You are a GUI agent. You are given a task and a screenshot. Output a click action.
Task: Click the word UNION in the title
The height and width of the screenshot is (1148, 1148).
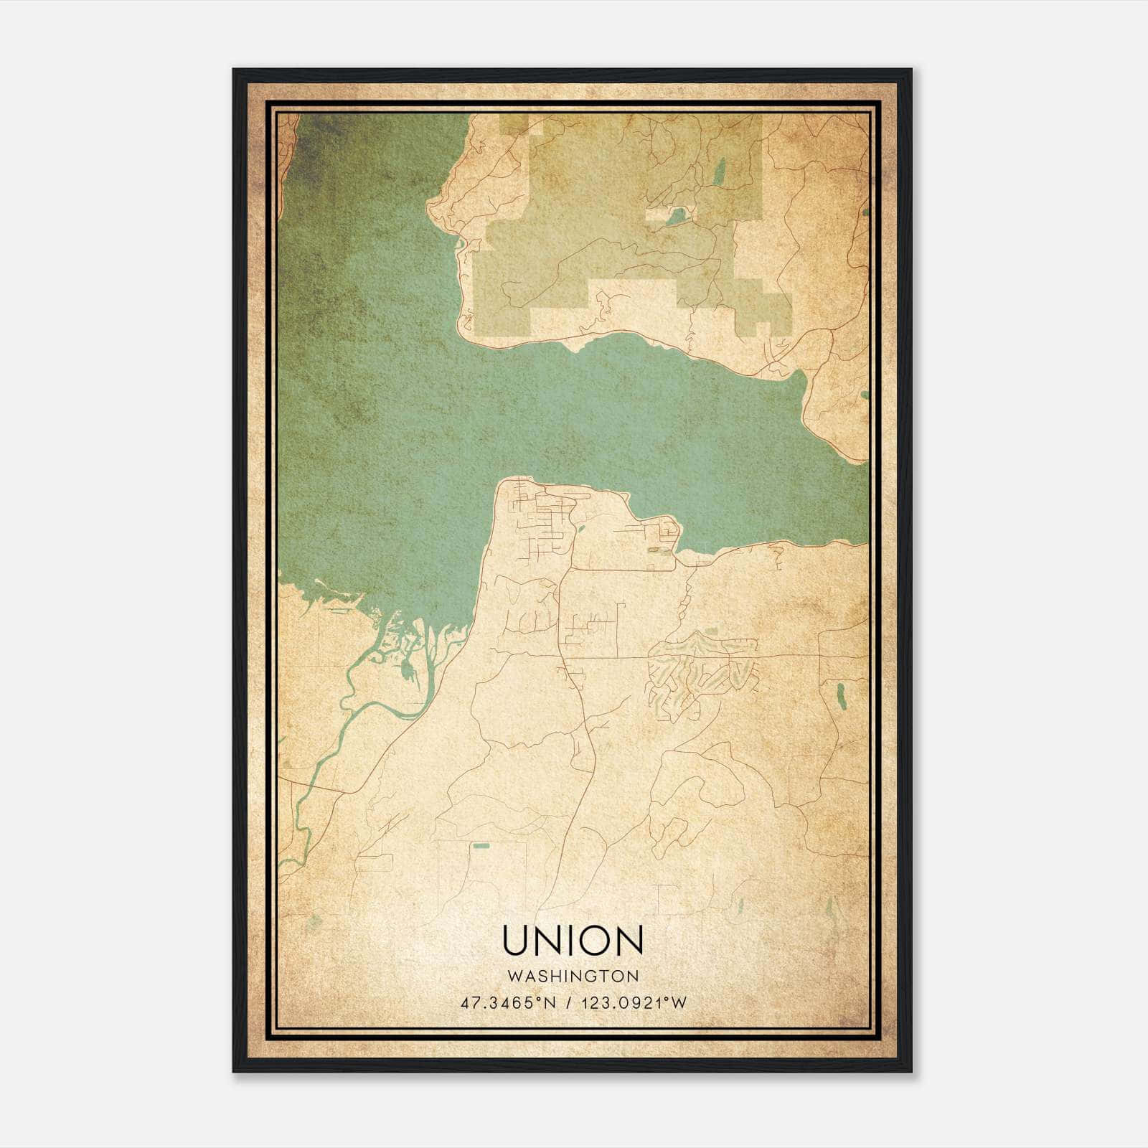(x=573, y=941)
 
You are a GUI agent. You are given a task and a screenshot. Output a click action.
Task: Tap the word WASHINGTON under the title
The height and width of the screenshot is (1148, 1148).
(x=573, y=977)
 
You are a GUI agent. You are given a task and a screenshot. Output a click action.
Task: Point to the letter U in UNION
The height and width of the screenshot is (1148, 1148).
(x=516, y=941)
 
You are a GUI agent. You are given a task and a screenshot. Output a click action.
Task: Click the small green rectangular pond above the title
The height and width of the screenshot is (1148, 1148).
(x=481, y=847)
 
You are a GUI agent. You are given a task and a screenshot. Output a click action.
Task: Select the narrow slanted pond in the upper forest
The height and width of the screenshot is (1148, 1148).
(x=720, y=172)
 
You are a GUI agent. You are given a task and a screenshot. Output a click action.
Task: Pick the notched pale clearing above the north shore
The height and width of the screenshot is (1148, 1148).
(x=631, y=301)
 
